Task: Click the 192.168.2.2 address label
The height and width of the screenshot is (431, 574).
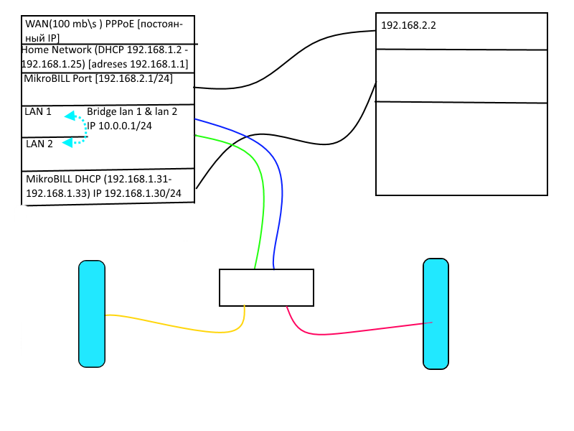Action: [408, 25]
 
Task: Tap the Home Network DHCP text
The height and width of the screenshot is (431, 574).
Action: [105, 57]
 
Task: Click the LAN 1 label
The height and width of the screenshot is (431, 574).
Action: [39, 112]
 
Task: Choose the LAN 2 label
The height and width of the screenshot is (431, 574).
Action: [39, 144]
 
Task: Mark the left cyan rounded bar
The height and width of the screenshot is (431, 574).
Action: [92, 313]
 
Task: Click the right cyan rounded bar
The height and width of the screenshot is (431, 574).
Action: [436, 314]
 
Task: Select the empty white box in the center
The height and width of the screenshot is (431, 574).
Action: [266, 287]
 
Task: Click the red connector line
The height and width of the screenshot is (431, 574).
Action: [359, 331]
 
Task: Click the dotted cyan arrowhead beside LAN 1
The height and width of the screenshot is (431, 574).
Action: [69, 116]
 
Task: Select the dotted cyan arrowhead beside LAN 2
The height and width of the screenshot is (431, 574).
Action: [67, 143]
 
